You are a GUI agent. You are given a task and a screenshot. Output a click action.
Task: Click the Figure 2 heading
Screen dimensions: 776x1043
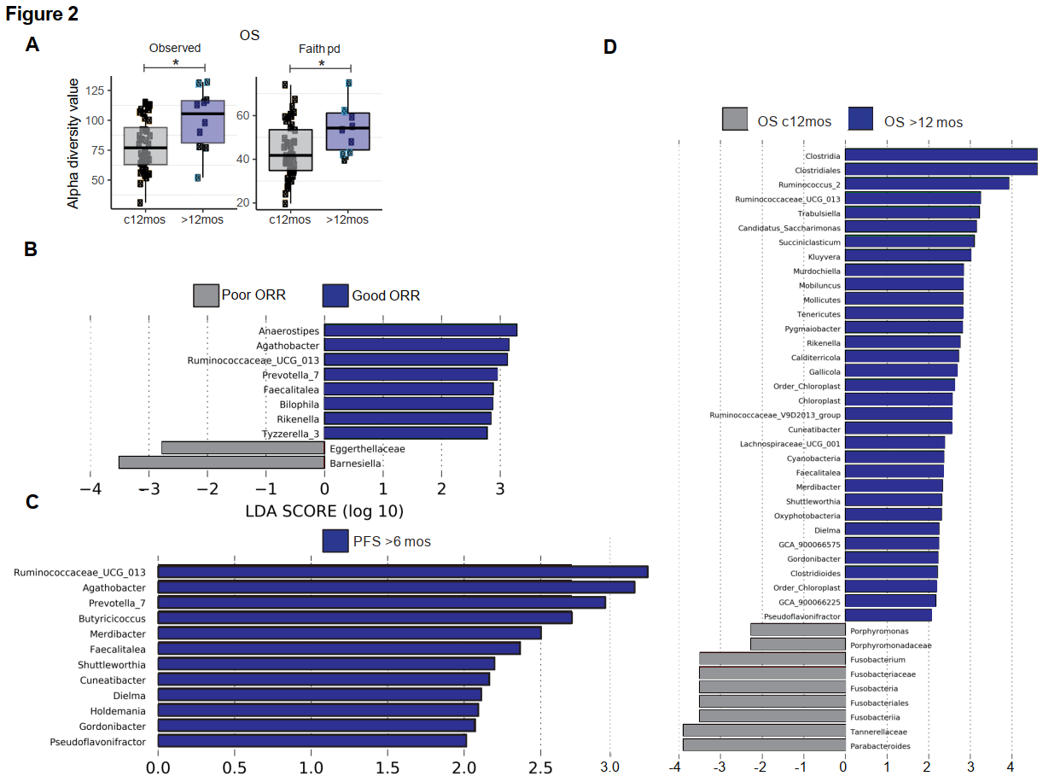pyautogui.click(x=42, y=15)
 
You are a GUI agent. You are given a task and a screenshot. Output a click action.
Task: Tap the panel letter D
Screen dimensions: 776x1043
pyautogui.click(x=609, y=46)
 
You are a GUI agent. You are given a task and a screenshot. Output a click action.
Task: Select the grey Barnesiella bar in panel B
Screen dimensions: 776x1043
pyautogui.click(x=221, y=463)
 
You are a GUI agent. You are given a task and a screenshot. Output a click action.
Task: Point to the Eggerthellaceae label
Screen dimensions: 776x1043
pyautogui.click(x=367, y=448)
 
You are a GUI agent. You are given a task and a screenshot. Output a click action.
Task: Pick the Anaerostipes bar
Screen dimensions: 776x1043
pyautogui.click(x=420, y=330)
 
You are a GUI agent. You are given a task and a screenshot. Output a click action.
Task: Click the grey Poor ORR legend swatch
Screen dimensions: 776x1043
pyautogui.click(x=206, y=295)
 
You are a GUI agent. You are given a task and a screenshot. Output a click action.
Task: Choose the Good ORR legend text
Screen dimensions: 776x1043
pyautogui.click(x=386, y=295)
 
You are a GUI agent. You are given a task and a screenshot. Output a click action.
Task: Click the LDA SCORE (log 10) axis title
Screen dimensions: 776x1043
pyautogui.click(x=324, y=512)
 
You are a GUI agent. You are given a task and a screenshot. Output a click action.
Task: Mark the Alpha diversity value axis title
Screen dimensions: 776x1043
pyautogui.click(x=74, y=143)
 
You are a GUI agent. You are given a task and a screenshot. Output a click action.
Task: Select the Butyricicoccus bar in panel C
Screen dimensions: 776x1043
pyautogui.click(x=364, y=617)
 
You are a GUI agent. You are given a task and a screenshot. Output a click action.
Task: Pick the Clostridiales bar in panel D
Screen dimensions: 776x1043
pyautogui.click(x=941, y=170)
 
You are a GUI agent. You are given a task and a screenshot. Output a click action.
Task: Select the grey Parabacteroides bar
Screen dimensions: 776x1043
pyautogui.click(x=764, y=744)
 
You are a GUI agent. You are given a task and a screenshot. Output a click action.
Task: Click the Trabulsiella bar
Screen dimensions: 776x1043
pyautogui.click(x=912, y=212)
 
